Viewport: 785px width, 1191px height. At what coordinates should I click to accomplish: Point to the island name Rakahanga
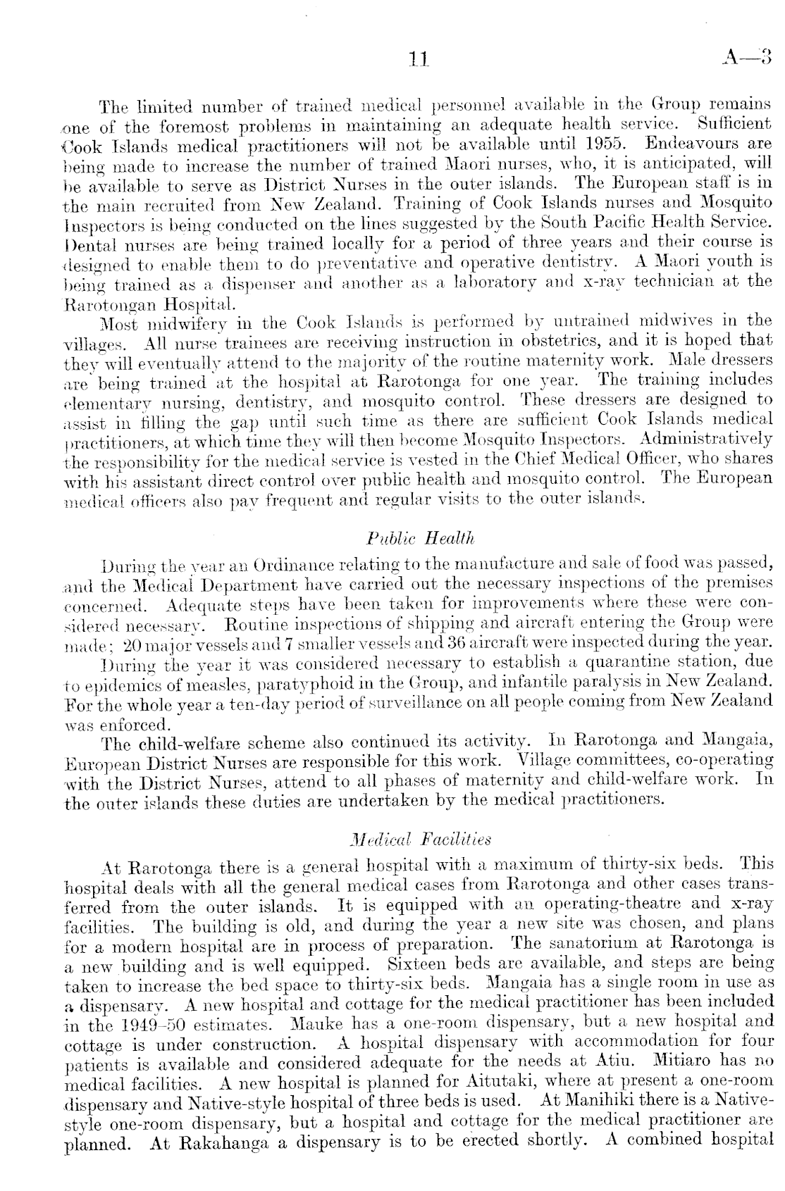coord(219,1140)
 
